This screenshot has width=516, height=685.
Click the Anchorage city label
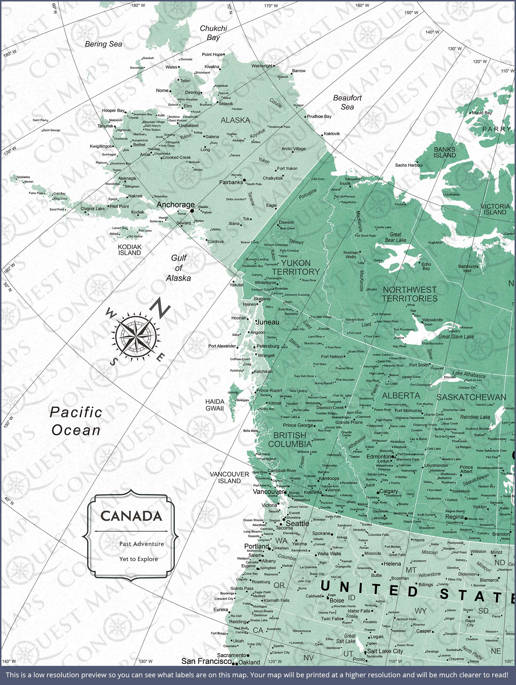coord(175,205)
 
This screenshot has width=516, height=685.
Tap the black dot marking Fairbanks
coord(244,180)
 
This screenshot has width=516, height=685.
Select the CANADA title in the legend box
coord(131,516)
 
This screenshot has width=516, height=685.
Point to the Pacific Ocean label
coord(76,421)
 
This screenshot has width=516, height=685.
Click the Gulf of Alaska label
coord(178,268)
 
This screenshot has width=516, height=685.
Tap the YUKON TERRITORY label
coord(295,267)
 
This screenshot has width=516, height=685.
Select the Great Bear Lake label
coord(395,237)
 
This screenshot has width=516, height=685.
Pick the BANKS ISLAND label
coord(444,152)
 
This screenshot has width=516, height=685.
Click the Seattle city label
coord(297,523)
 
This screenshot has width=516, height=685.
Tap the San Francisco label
coord(206,661)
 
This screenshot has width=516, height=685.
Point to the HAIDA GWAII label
coord(214,405)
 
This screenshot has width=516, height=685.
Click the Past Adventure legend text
coord(142,544)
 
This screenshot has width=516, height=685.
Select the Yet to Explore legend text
coord(138,559)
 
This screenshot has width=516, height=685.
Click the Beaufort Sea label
coord(347,102)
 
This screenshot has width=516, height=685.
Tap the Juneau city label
coord(268,322)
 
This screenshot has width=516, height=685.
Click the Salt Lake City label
coord(385,651)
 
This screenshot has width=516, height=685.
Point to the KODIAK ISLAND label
coord(130,250)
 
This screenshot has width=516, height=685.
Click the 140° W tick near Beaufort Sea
coord(432,32)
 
